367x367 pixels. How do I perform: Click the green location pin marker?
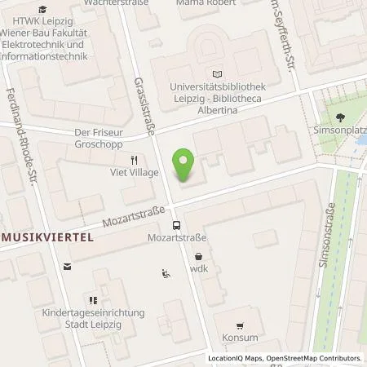[x=185, y=164]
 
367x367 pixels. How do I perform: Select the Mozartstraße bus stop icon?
[x=175, y=224]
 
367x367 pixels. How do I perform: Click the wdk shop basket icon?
[x=198, y=255]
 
